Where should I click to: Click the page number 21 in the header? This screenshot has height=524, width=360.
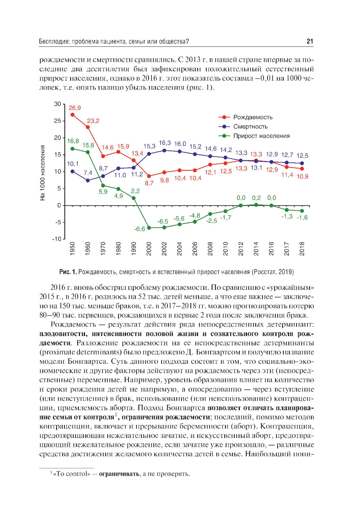[x=310, y=41]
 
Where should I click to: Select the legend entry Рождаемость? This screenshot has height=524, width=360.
[x=253, y=117]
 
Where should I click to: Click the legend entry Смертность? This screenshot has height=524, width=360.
[x=250, y=126]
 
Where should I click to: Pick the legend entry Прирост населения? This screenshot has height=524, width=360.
[x=261, y=136]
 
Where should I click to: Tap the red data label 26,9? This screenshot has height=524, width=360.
[x=75, y=108]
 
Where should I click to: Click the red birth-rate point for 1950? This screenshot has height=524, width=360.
[x=72, y=115]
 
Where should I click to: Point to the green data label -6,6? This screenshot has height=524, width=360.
[x=139, y=229]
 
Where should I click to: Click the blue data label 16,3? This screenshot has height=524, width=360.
[x=165, y=143]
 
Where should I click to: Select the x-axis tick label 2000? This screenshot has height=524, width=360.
[x=149, y=249]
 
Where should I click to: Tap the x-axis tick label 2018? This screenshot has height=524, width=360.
[x=302, y=249]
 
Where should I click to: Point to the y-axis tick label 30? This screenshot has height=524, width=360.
[x=58, y=104]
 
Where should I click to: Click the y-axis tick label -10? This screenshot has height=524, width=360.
[x=57, y=239]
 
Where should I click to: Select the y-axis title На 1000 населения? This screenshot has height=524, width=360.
[x=43, y=173]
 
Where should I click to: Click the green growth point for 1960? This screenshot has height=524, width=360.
[x=88, y=152]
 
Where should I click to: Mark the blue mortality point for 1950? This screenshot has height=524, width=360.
[x=72, y=171]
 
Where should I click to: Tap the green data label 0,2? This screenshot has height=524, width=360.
[x=256, y=198]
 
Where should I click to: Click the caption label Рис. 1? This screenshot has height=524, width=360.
[x=68, y=272]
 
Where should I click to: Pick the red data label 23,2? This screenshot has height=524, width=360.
[x=93, y=121]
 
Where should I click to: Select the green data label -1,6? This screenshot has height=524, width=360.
[x=302, y=218]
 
